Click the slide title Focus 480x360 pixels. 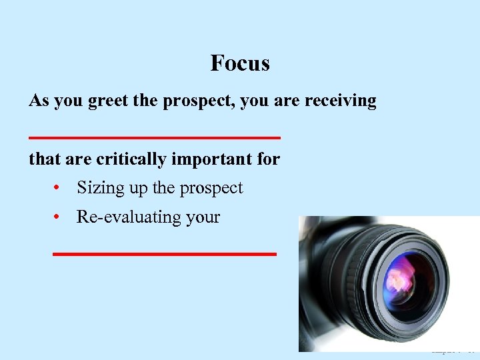[240, 63]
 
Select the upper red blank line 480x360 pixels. [155, 137]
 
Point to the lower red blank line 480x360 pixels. [164, 254]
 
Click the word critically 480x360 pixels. [132, 160]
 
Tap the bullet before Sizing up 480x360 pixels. [59, 189]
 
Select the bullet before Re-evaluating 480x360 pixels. [59, 217]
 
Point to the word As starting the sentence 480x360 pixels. [38, 101]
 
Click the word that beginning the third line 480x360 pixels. [43, 160]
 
